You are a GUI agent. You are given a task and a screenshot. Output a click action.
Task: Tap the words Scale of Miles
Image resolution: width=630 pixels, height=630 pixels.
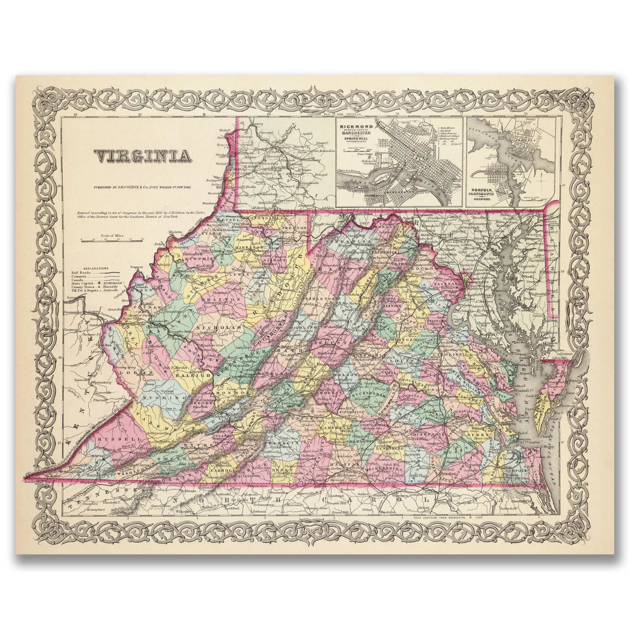coord(111,235)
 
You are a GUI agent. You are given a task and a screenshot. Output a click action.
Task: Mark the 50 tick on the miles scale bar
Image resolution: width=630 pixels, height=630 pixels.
coord(142,240)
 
